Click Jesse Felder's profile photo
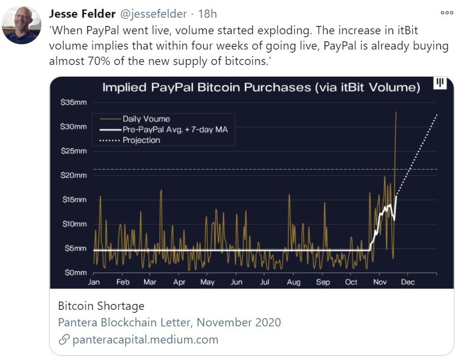click(21, 25)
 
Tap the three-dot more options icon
click(447, 13)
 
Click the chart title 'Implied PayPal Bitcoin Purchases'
click(261, 88)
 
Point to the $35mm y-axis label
click(74, 102)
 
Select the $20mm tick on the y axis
click(74, 175)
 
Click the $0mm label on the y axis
click(75, 273)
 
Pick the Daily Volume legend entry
click(146, 119)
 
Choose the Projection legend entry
click(141, 140)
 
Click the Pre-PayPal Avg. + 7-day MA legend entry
click(178, 129)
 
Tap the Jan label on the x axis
click(94, 282)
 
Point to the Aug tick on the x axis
click(293, 282)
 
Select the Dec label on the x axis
click(408, 282)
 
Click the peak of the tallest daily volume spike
click(395, 112)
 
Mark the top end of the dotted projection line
click(437, 114)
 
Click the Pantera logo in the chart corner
click(440, 84)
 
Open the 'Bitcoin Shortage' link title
click(101, 306)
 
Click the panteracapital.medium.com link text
click(145, 339)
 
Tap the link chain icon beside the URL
click(64, 340)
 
